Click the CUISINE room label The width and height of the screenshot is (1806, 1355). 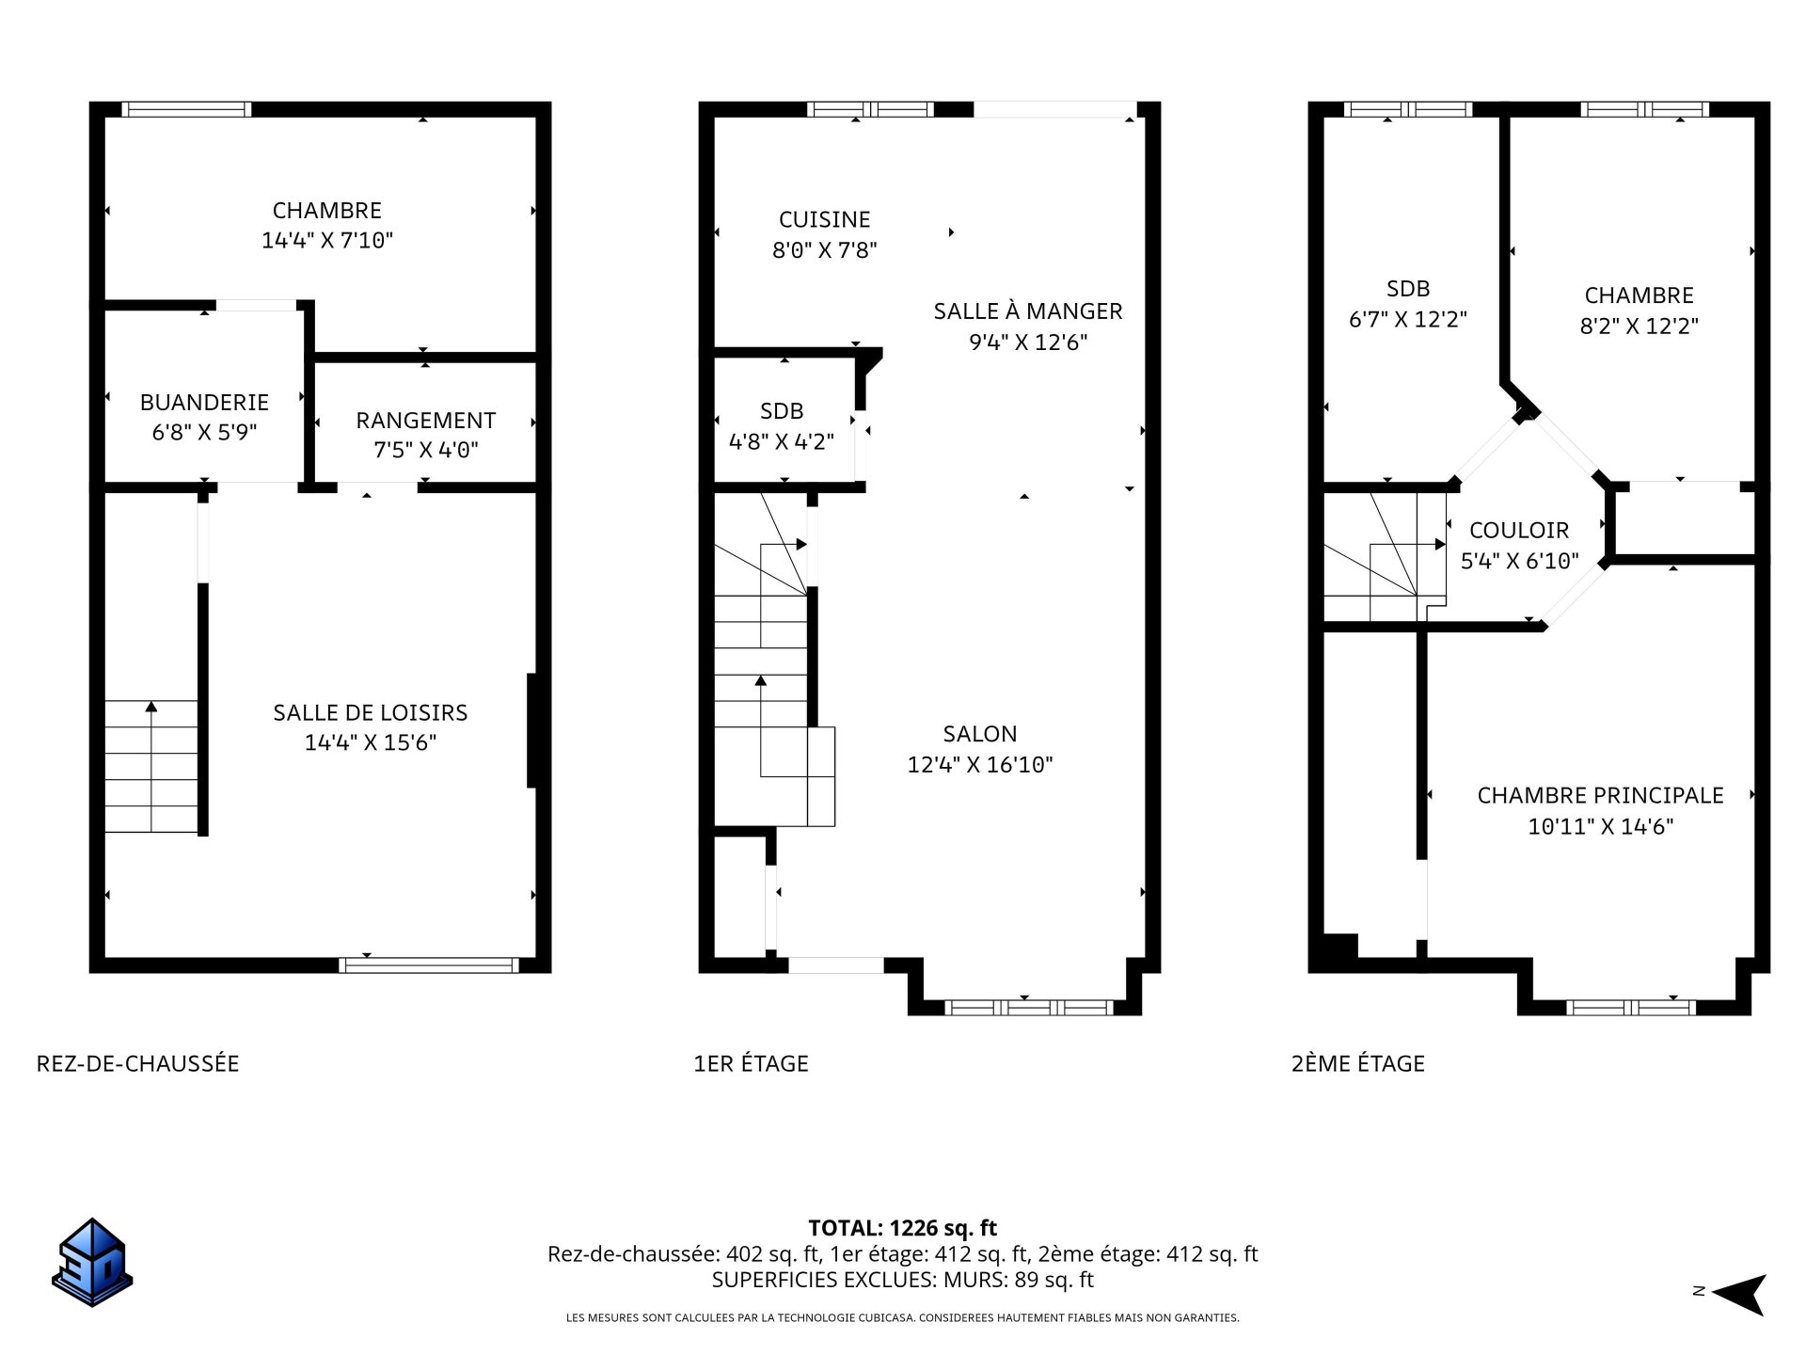(824, 219)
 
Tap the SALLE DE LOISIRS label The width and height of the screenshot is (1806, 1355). (370, 712)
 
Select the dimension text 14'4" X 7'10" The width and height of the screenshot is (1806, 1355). (326, 240)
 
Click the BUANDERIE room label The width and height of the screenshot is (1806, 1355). (204, 402)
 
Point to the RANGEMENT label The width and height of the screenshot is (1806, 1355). (425, 420)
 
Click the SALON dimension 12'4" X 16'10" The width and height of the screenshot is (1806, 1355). (979, 764)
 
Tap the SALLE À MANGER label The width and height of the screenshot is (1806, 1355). (1027, 311)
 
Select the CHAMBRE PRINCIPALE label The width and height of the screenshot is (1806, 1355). (1600, 795)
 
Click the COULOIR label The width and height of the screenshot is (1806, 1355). (1518, 530)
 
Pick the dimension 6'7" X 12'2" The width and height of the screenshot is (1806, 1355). (1407, 319)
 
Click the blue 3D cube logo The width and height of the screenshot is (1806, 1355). (91, 1262)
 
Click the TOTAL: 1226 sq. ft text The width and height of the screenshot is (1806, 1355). (902, 1228)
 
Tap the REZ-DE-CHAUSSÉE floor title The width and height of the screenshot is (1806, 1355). (137, 1063)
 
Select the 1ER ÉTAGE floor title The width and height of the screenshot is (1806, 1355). (751, 1063)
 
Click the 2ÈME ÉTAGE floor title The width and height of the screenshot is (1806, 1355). (1357, 1063)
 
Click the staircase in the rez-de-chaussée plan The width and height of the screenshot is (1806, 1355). (150, 767)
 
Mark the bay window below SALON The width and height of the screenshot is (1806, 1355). (1027, 1007)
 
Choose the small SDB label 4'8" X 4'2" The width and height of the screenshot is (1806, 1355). (781, 441)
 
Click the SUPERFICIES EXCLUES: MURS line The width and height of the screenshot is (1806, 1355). (902, 1280)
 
